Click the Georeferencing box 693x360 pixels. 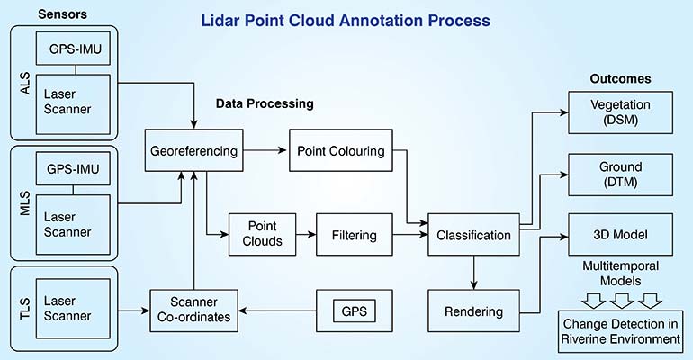[194, 151]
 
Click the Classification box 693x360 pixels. [473, 235]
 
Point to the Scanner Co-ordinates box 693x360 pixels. [194, 311]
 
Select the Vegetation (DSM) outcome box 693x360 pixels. [620, 112]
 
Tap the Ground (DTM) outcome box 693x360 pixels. [620, 174]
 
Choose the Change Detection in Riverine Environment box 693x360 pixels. [620, 332]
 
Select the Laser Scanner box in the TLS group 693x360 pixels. [70, 311]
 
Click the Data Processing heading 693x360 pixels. [265, 103]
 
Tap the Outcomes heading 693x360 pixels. [620, 78]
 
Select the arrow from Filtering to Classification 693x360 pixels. [410, 235]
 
